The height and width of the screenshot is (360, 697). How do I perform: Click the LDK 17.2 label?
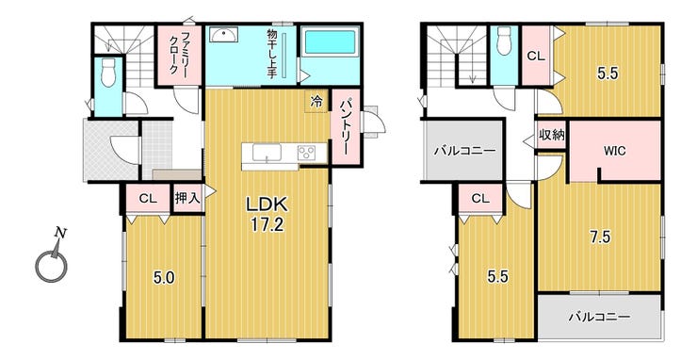(268, 215)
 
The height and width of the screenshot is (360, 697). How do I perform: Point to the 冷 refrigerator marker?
(316, 102)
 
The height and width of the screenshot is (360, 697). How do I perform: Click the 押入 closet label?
(188, 199)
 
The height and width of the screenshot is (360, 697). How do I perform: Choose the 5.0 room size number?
(164, 279)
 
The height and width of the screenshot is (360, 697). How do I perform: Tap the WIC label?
(614, 152)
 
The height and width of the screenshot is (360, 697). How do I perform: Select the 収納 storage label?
(551, 136)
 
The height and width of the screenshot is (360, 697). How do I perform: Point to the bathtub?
(330, 42)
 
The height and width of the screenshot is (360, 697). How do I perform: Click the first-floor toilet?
(108, 73)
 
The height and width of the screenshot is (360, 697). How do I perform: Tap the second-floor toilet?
(504, 41)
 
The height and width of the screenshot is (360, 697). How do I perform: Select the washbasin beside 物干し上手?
(223, 35)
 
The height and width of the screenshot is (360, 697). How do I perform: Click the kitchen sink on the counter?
(267, 153)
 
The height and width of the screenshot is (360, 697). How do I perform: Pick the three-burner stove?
(306, 153)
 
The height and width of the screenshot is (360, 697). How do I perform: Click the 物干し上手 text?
(270, 54)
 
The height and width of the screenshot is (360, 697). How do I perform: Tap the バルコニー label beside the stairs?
(464, 151)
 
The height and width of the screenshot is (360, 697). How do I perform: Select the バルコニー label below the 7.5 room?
(600, 318)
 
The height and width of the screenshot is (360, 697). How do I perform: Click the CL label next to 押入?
(148, 199)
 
